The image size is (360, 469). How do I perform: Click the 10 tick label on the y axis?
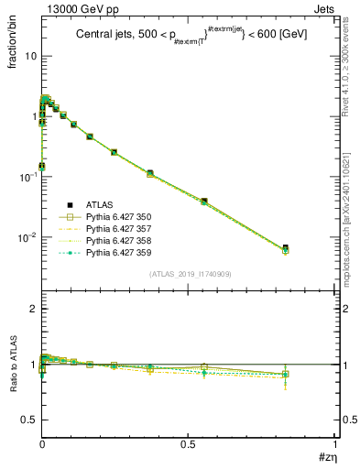(x=30, y=56)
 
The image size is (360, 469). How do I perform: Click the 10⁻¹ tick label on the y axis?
(x=27, y=177)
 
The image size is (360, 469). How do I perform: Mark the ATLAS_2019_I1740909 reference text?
(x=190, y=274)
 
